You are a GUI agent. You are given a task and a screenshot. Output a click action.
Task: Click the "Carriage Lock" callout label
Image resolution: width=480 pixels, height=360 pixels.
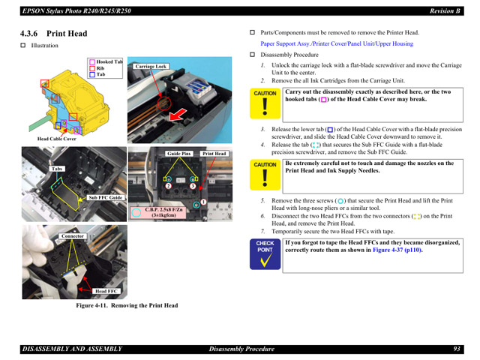[151, 67]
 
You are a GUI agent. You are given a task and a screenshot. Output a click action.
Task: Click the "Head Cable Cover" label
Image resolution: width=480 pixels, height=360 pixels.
[57, 139]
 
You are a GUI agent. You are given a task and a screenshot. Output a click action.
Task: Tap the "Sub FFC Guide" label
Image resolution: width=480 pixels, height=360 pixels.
[105, 197]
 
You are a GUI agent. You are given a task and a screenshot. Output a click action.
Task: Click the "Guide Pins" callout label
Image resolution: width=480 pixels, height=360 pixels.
[179, 154]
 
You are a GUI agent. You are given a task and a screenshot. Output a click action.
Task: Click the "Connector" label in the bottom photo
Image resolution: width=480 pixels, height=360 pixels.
[73, 236]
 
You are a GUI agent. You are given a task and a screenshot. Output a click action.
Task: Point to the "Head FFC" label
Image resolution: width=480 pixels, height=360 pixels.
[106, 291]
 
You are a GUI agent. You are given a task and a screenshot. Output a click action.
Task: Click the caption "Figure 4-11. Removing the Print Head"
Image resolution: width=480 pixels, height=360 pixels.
[127, 306]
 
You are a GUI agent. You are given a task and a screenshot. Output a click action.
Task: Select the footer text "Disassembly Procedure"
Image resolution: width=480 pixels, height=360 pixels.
[241, 349]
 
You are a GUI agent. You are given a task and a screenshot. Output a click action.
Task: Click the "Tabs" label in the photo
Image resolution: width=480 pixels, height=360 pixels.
[57, 169]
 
